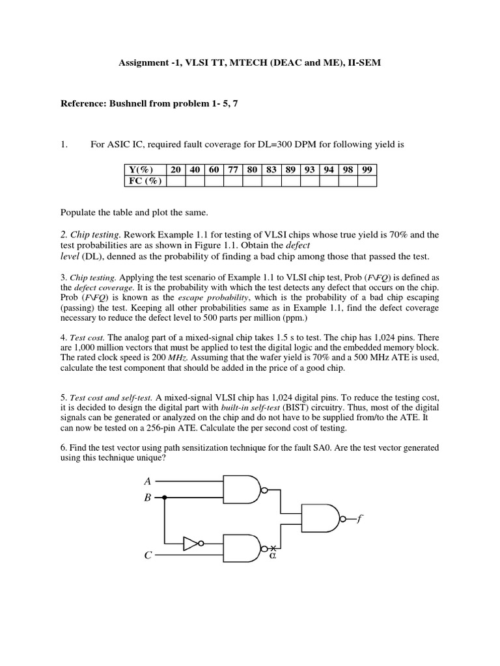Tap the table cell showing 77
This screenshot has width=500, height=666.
[233, 170]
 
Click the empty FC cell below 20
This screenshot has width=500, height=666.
[175, 181]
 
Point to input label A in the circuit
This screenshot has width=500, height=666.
[147, 481]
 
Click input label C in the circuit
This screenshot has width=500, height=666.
[148, 555]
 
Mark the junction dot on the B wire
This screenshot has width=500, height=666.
[164, 498]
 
